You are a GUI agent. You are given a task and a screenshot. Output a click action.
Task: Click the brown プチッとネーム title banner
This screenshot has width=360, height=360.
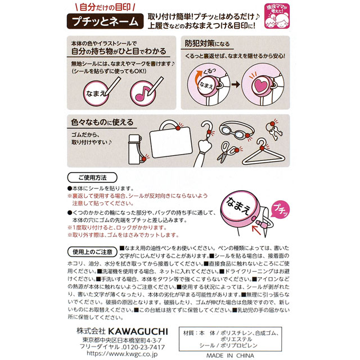(105, 21)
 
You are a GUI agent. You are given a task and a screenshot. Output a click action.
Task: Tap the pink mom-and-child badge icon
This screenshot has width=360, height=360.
(277, 16)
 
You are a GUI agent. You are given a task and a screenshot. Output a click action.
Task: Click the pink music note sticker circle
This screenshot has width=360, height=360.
(143, 93)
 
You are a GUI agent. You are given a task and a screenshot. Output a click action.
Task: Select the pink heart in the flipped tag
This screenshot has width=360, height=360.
(260, 84)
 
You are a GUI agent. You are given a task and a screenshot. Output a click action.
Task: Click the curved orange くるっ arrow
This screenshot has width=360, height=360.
(198, 77)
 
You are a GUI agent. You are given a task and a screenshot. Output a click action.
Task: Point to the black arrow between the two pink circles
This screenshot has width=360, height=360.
(236, 84)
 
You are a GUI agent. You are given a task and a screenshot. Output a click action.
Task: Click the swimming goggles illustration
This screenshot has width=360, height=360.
(237, 130)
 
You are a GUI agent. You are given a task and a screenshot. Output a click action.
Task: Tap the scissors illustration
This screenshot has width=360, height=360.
(227, 151)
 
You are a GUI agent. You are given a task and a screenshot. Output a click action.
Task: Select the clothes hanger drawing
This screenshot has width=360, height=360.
(264, 152)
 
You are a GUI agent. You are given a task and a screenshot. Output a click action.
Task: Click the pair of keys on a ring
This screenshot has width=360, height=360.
(274, 130)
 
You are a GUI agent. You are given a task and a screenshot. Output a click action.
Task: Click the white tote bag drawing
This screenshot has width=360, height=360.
(171, 139)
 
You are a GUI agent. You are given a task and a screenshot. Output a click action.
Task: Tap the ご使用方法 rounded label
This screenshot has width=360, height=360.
(92, 178)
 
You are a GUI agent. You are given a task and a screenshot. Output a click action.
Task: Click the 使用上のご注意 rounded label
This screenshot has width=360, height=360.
(92, 252)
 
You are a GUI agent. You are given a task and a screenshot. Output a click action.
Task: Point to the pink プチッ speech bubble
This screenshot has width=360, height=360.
(280, 209)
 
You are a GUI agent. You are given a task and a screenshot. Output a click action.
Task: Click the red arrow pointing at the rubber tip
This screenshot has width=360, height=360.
(256, 230)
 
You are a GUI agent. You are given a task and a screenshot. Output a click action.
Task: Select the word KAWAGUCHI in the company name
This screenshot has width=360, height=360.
(138, 331)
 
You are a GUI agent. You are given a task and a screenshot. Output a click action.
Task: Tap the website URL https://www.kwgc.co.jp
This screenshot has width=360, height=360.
(122, 354)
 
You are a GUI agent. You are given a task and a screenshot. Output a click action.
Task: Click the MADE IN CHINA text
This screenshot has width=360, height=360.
(230, 355)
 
